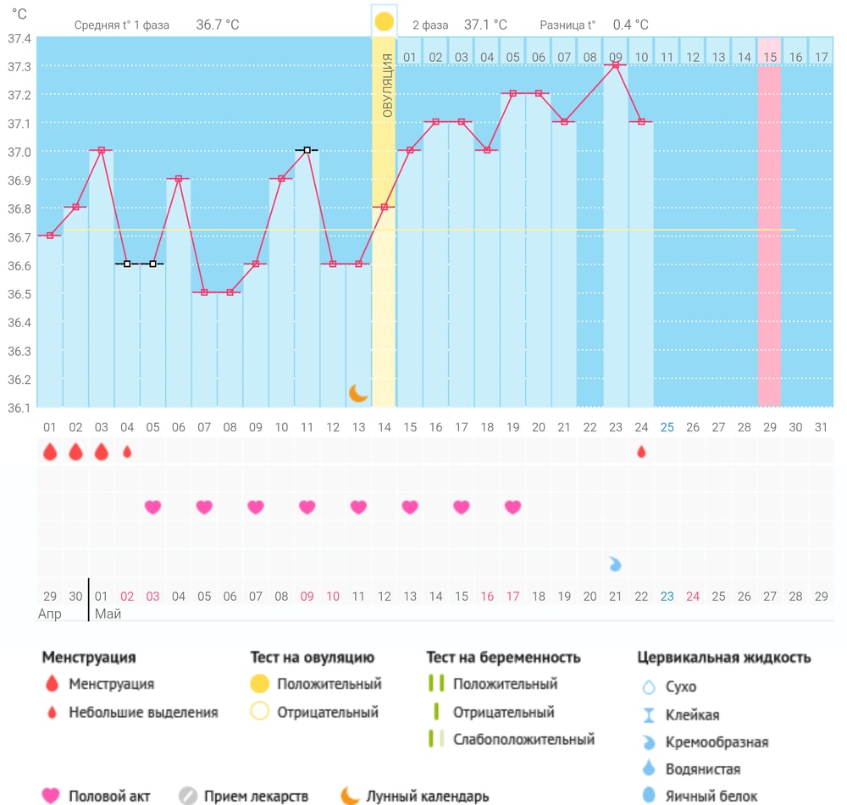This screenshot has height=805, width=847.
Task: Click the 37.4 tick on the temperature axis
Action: pyautogui.click(x=19, y=38)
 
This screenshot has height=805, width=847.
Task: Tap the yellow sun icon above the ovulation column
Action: pyautogui.click(x=384, y=22)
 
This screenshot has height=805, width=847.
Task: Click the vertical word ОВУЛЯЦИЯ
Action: pyautogui.click(x=387, y=86)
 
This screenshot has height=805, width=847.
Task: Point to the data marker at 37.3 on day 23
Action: pyautogui.click(x=615, y=65)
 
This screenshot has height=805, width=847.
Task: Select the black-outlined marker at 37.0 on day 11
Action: pyautogui.click(x=307, y=150)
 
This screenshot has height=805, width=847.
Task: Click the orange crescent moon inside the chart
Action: pyautogui.click(x=357, y=393)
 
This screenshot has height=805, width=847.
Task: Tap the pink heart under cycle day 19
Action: pyautogui.click(x=512, y=507)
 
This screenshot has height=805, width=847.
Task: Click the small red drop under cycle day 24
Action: pyautogui.click(x=641, y=452)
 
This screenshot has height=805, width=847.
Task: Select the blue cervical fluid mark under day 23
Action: pyautogui.click(x=615, y=564)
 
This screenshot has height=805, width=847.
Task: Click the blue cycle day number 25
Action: pyautogui.click(x=667, y=427)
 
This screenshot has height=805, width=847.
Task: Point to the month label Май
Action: pyautogui.click(x=108, y=613)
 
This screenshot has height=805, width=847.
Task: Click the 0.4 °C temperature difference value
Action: pyautogui.click(x=630, y=25)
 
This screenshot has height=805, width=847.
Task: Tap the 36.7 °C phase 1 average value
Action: pyautogui.click(x=217, y=25)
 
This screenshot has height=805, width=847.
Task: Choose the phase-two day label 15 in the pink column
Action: pyautogui.click(x=770, y=58)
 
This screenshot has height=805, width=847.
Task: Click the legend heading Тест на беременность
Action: pyautogui.click(x=503, y=658)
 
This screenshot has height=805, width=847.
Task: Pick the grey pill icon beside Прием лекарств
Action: pyautogui.click(x=188, y=796)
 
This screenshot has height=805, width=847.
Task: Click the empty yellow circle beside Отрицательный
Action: pyautogui.click(x=260, y=711)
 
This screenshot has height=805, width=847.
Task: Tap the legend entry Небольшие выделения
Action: pyautogui.click(x=143, y=712)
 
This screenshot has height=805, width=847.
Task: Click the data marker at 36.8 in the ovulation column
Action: pyautogui.click(x=384, y=207)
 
